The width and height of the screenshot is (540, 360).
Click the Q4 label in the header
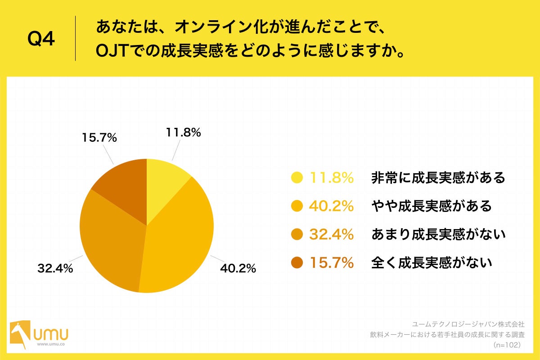pyautogui.click(x=41, y=40)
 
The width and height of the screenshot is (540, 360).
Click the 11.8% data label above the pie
pyautogui.click(x=183, y=133)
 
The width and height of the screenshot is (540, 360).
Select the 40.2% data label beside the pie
pyautogui.click(x=238, y=269)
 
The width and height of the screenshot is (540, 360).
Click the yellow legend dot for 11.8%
pyautogui.click(x=297, y=178)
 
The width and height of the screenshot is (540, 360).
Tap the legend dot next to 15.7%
pyautogui.click(x=297, y=262)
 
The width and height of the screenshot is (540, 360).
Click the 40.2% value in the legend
pyautogui.click(x=331, y=206)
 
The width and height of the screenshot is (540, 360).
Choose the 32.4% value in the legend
pyautogui.click(x=331, y=234)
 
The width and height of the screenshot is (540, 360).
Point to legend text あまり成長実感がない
pyautogui.click(x=438, y=234)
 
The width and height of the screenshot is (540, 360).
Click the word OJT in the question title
pyautogui.click(x=112, y=51)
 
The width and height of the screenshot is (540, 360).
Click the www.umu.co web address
pyautogui.click(x=50, y=344)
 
